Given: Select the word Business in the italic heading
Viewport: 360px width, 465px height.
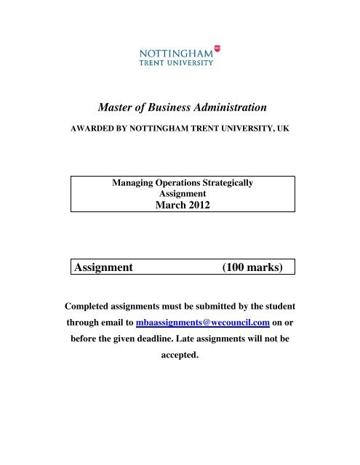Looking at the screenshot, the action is pos(173,107).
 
